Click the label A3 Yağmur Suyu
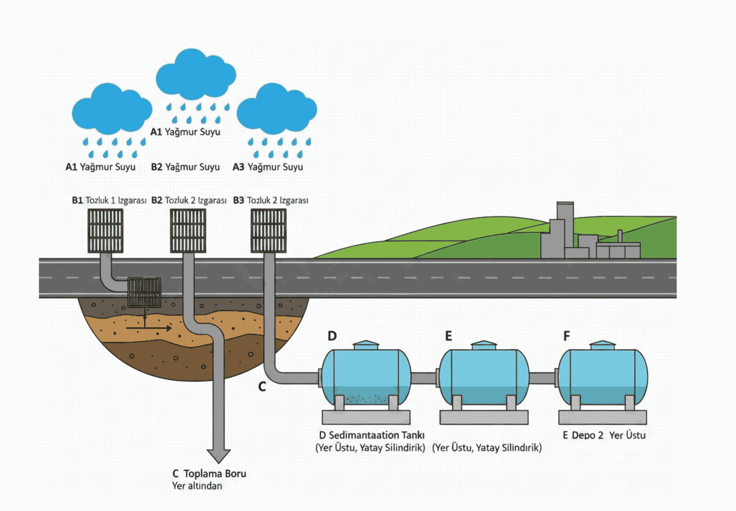click(x=268, y=167)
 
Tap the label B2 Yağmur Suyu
click(x=185, y=167)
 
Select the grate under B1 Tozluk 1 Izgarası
click(x=105, y=231)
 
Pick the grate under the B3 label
click(x=268, y=231)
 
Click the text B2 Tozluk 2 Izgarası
click(x=189, y=200)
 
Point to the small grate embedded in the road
click(x=144, y=292)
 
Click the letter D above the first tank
click(x=332, y=336)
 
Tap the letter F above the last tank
click(x=566, y=336)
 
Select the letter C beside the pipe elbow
click(x=262, y=387)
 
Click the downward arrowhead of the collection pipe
click(x=218, y=455)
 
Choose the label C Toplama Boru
click(x=209, y=474)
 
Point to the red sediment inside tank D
click(x=366, y=399)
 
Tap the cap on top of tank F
click(x=602, y=345)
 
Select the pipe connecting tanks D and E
click(x=424, y=378)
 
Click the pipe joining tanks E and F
click(x=543, y=378)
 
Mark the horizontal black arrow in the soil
click(x=149, y=328)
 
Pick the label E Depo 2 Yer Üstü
click(x=604, y=435)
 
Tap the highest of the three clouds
click(x=195, y=74)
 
